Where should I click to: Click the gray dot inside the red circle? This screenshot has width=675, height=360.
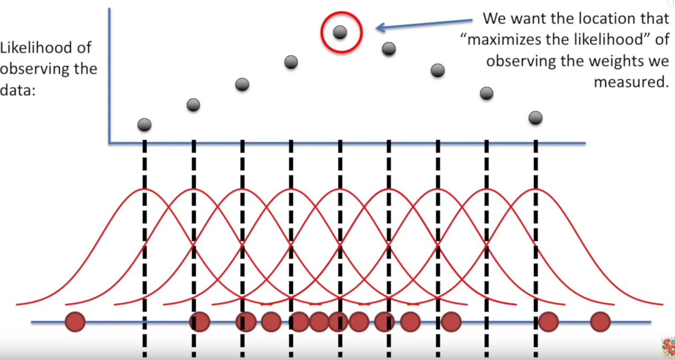tap(340, 32)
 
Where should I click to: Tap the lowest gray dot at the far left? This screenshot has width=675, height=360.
tap(144, 125)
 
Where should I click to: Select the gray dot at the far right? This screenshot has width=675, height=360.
tap(535, 118)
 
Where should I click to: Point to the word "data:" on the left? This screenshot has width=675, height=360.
tap(18, 90)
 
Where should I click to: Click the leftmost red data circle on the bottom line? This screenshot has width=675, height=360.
tap(75, 322)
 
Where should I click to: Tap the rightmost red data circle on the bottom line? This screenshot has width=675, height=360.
tap(600, 322)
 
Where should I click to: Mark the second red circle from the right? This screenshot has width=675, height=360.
tap(549, 322)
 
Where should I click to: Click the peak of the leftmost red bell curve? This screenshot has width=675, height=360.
tap(145, 189)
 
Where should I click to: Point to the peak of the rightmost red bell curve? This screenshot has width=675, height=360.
tap(535, 189)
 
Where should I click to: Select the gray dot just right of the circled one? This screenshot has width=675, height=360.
tap(389, 49)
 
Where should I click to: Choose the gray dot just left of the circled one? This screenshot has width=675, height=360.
tap(291, 62)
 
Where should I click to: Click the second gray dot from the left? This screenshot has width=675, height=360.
tap(193, 105)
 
